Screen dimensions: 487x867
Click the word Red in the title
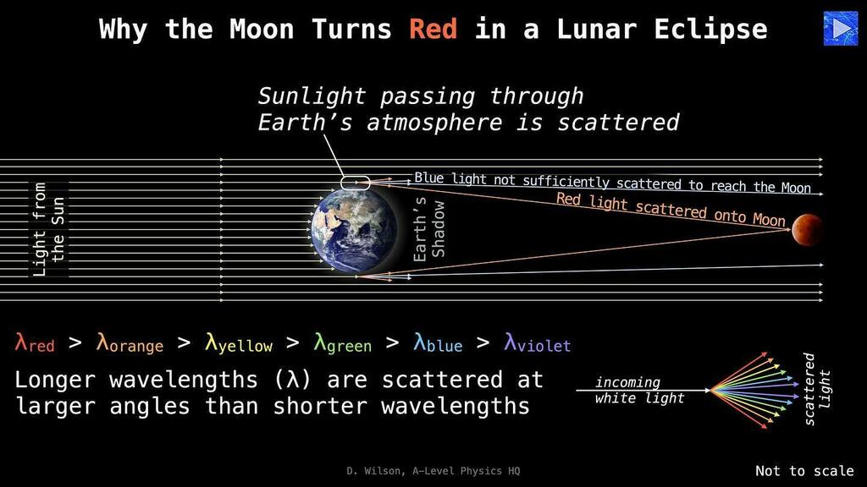point(433,30)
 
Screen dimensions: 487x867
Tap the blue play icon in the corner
point(840,29)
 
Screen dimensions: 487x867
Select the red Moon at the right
point(806,228)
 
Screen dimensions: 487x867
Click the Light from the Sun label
point(49,230)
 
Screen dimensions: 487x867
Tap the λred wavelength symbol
point(35,343)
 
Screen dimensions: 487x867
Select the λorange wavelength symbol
point(130,343)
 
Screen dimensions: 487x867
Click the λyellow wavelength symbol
point(239,343)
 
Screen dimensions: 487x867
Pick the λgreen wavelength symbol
point(342,343)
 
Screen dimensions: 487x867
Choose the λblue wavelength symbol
point(438,343)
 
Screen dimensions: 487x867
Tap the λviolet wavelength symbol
point(537,343)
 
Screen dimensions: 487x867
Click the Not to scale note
point(803,471)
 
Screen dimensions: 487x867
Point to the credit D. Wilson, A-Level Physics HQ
point(433,471)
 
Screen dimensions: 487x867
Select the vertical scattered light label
point(816,389)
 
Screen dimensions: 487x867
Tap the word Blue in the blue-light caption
point(430,178)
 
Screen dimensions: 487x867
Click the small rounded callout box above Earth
point(356,182)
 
